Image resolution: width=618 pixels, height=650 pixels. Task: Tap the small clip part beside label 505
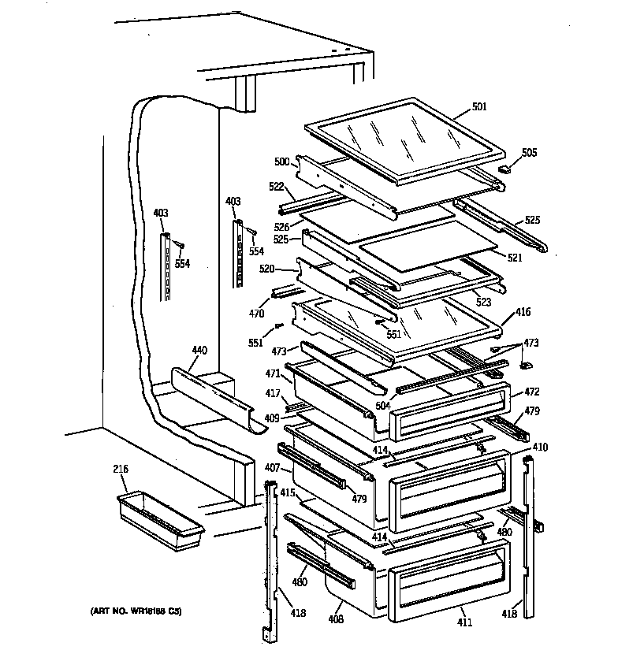pyautogui.click(x=506, y=167)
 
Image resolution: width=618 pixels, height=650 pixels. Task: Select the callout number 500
pyautogui.click(x=282, y=162)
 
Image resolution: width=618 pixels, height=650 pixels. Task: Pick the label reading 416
pyautogui.click(x=523, y=313)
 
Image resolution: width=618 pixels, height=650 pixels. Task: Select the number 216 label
pyautogui.click(x=121, y=470)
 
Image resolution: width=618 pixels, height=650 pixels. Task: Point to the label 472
pyautogui.click(x=532, y=391)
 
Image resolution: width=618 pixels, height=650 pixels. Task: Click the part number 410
pyautogui.click(x=540, y=448)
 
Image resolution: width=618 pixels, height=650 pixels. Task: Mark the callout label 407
pyautogui.click(x=272, y=468)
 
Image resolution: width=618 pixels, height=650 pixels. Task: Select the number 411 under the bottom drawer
pyautogui.click(x=465, y=623)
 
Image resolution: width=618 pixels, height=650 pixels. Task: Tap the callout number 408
pyautogui.click(x=336, y=619)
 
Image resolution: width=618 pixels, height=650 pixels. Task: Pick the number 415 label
pyautogui.click(x=287, y=492)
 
